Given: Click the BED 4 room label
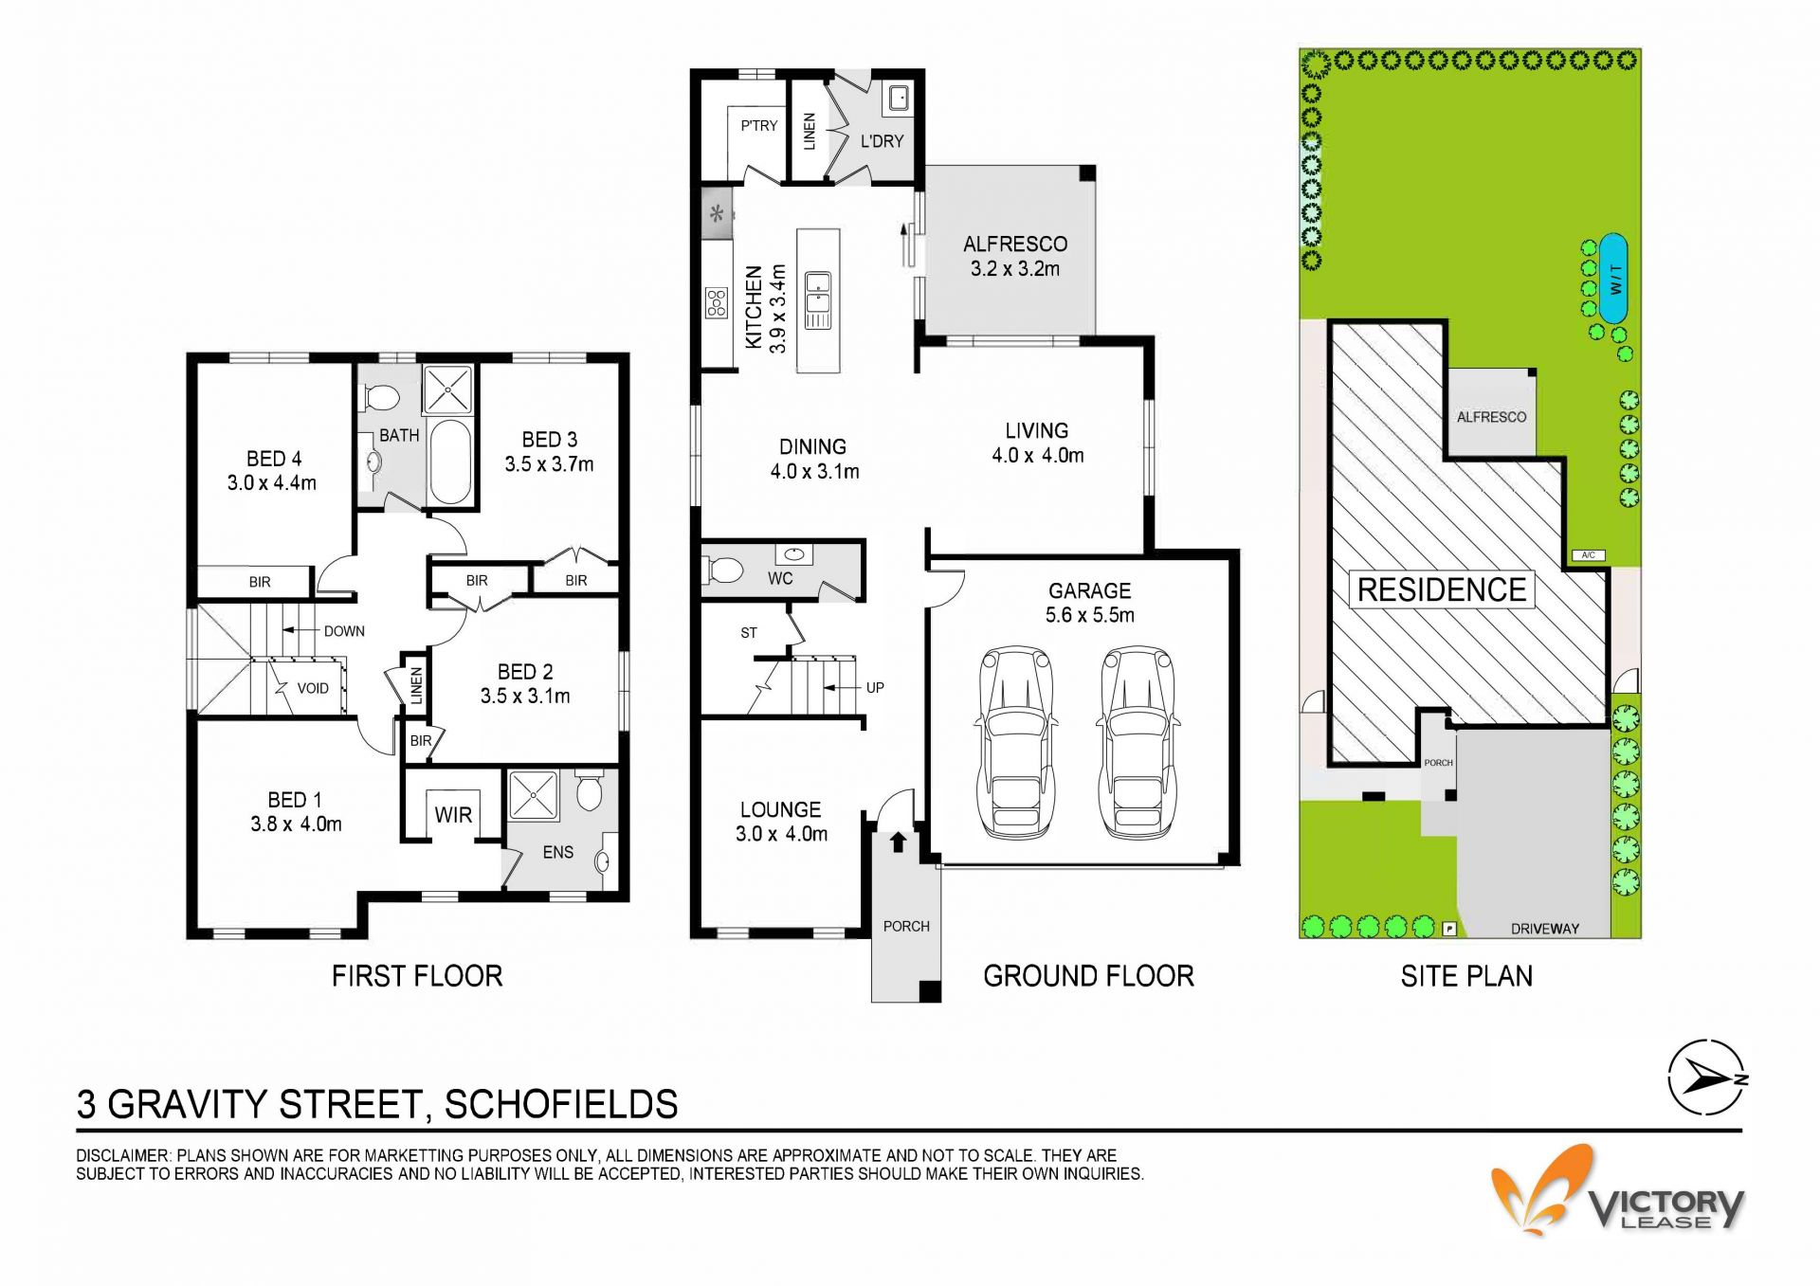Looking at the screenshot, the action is point(274,459).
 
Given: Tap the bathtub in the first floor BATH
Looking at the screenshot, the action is point(449,462).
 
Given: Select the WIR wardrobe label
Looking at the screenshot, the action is point(453,815).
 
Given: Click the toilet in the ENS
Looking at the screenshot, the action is point(589,790).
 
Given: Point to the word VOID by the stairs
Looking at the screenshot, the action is point(313,688).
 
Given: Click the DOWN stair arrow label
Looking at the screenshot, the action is point(344,631).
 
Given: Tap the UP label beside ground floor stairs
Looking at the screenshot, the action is point(875,688).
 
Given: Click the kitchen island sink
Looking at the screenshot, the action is point(818,299).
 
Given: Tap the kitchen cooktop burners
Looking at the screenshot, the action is point(716,303).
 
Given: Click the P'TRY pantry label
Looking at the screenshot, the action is point(759,125).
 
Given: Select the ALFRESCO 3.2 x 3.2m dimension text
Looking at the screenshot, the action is point(1015,269).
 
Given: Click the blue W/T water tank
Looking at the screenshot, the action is point(1613,279).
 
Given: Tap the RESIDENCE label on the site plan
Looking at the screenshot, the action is point(1442,589).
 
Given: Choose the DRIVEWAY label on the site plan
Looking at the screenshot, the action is point(1545,929).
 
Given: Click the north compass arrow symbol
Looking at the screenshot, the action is point(1707,1078).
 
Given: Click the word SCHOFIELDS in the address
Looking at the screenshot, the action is point(561,1105).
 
